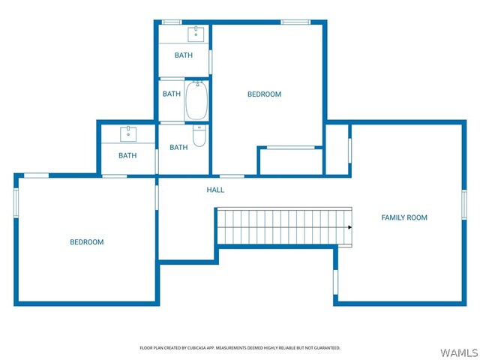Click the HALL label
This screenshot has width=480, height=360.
(215, 190)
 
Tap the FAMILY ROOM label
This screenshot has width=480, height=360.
(404, 217)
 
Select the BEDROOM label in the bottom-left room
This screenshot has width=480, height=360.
(87, 242)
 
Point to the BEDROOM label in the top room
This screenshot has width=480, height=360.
(264, 94)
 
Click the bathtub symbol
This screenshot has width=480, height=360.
(196, 100)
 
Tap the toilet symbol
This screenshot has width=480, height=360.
(199, 136)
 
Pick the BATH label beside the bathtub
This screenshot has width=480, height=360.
(172, 94)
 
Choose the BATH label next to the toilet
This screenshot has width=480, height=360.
(178, 148)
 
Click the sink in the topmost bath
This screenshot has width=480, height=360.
(196, 34)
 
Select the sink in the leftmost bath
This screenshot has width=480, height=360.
(128, 134)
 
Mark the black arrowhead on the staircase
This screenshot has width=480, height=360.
(350, 227)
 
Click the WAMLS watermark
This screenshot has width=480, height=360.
(458, 352)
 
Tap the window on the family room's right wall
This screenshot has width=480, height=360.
(464, 204)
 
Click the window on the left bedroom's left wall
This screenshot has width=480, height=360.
(16, 203)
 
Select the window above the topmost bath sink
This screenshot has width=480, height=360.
(172, 22)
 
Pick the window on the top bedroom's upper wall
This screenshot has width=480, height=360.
(295, 22)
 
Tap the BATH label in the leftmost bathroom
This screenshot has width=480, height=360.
(127, 155)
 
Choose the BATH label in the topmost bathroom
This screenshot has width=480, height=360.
(183, 55)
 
